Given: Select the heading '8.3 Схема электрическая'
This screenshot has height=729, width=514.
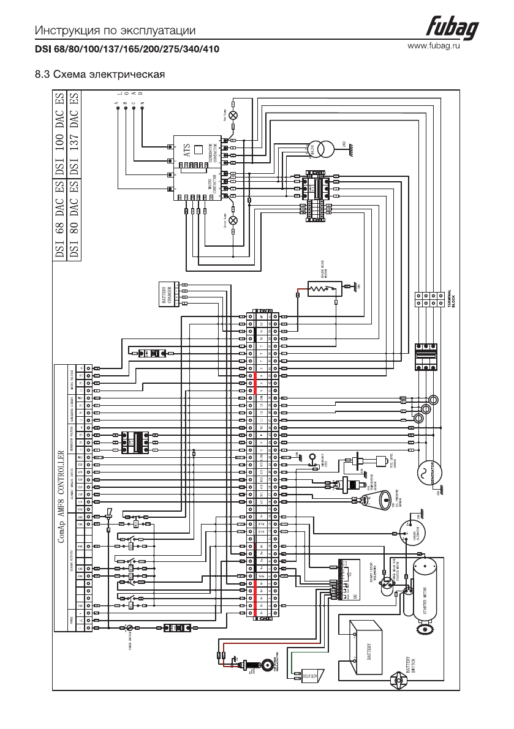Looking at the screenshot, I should click(x=100, y=75).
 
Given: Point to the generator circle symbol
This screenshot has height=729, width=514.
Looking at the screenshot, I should click(x=422, y=472).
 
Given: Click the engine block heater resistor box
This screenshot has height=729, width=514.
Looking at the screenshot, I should click(x=323, y=288).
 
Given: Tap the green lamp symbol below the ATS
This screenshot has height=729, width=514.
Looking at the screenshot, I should click(x=232, y=220).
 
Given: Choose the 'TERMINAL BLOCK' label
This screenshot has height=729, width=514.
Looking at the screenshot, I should click(x=449, y=297).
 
